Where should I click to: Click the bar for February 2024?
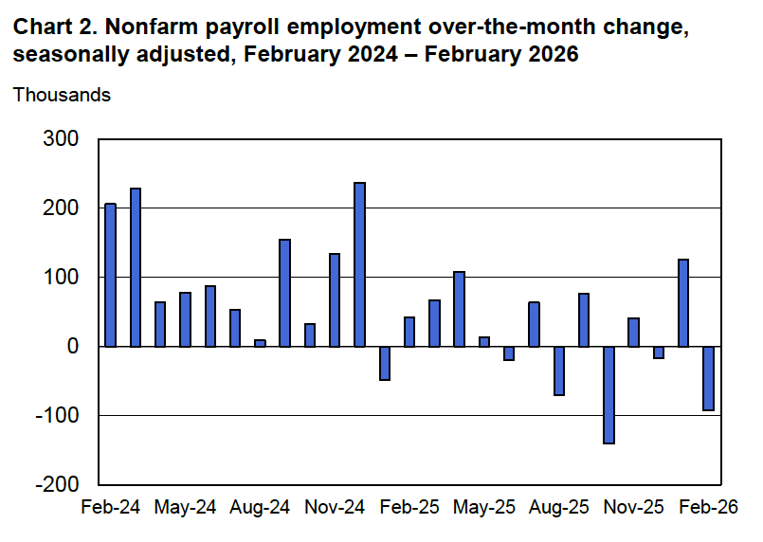click(110, 275)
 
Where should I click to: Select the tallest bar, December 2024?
click(359, 264)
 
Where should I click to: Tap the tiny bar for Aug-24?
click(260, 343)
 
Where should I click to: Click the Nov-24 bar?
click(335, 299)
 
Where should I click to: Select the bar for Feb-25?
click(409, 332)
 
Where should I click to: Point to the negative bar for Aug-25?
click(559, 370)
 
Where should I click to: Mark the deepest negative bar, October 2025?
click(609, 395)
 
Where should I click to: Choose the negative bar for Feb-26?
click(709, 378)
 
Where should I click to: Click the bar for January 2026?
click(683, 302)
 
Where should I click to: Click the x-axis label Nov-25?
click(633, 507)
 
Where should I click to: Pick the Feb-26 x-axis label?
click(708, 507)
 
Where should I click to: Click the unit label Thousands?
click(62, 95)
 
